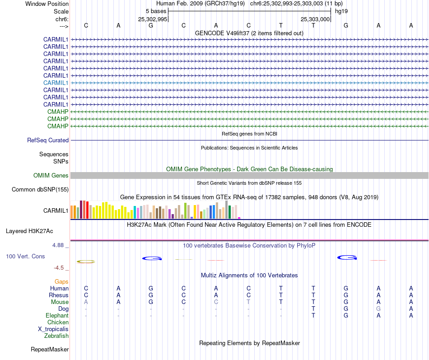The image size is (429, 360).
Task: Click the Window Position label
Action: [x=47, y=4]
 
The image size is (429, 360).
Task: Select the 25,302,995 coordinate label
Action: [x=153, y=19]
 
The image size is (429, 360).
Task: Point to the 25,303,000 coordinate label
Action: [x=315, y=19]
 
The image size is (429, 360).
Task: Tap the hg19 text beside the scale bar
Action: [x=341, y=11]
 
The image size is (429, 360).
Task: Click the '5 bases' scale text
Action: [x=156, y=11]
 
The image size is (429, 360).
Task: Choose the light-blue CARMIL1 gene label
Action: [x=56, y=83]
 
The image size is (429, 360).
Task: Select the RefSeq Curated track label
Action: [x=48, y=140]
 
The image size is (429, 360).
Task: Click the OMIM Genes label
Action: [x=51, y=176]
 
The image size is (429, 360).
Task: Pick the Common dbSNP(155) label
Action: [x=40, y=190]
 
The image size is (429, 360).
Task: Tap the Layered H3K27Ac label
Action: [x=29, y=231]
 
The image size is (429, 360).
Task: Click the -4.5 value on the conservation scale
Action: [x=61, y=268]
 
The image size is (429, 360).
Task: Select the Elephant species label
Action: [x=57, y=316]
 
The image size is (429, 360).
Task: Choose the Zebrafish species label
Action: [x=56, y=336]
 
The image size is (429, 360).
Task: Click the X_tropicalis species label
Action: [x=53, y=329]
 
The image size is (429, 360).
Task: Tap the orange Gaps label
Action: [x=61, y=282]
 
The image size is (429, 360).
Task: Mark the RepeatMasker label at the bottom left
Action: [x=50, y=350]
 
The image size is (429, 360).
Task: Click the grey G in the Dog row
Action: [x=378, y=309]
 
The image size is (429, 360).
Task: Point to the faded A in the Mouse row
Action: [x=86, y=302]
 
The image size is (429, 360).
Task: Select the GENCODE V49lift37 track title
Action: [x=249, y=33]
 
